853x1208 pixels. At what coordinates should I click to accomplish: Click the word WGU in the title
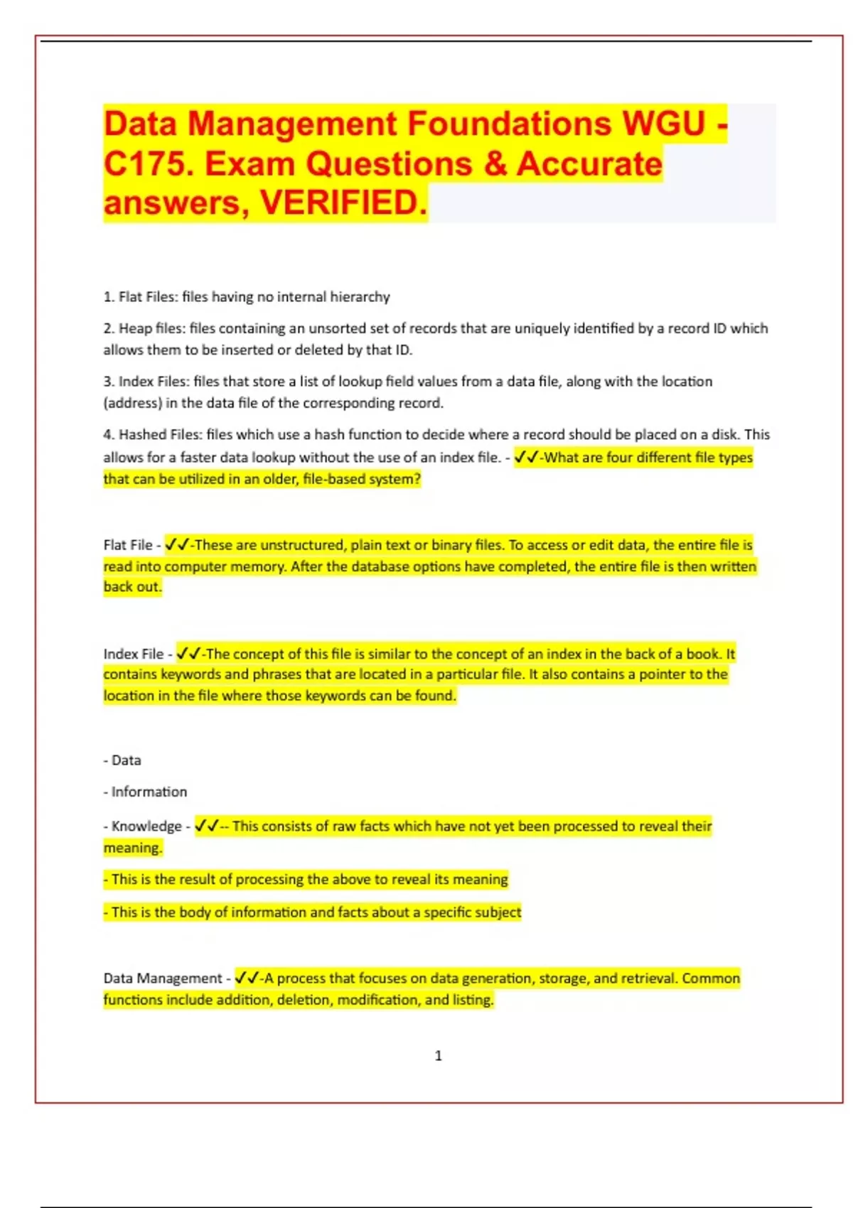tap(664, 123)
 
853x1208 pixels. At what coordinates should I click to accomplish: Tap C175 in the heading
tap(147, 164)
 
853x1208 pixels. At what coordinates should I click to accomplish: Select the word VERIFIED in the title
tap(344, 203)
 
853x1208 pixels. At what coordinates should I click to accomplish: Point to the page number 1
tap(438, 1056)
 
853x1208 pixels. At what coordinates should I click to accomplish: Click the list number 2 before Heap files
tap(108, 328)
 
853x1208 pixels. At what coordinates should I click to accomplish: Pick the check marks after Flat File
tap(176, 545)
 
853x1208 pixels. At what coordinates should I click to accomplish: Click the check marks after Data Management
tap(247, 978)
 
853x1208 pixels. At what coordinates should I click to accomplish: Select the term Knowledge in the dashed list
tap(146, 826)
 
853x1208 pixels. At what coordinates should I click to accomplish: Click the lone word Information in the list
tap(149, 792)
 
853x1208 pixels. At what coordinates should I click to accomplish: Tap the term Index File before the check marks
tap(134, 654)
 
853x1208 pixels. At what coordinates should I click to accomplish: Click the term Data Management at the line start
tap(163, 978)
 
